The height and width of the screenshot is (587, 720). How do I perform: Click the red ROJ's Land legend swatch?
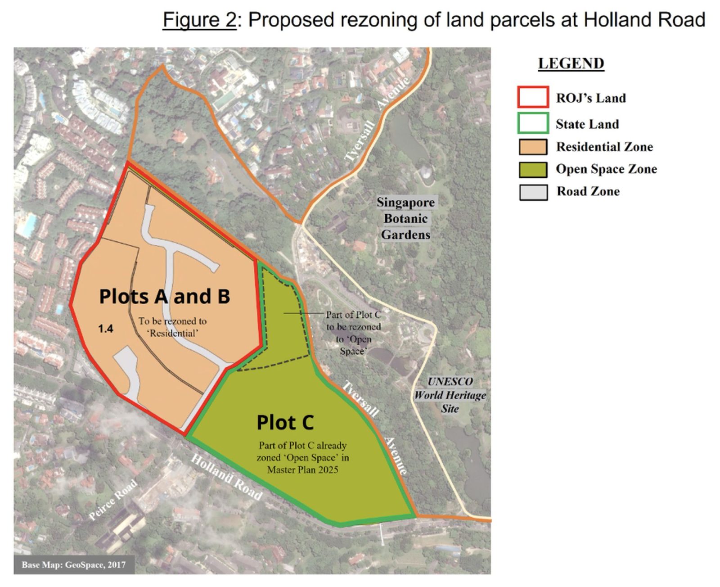click(533, 97)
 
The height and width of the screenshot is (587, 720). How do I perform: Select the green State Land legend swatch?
click(533, 123)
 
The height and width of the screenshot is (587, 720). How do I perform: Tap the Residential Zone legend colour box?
click(533, 147)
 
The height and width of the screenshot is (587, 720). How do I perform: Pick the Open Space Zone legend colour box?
click(533, 169)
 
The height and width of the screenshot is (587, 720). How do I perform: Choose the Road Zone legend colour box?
click(533, 192)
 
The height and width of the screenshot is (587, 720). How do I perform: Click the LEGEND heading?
click(571, 63)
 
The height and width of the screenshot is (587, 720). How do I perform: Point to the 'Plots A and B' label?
click(164, 296)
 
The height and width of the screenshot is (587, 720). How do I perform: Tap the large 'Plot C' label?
click(285, 422)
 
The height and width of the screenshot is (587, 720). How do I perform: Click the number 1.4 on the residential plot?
click(106, 329)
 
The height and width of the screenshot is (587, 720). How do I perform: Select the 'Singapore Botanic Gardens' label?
click(405, 218)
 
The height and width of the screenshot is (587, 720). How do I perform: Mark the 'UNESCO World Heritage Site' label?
click(450, 395)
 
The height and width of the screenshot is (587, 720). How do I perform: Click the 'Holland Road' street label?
click(226, 478)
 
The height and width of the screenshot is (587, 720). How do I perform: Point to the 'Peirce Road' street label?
click(112, 500)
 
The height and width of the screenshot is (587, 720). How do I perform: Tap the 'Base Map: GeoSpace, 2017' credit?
click(73, 564)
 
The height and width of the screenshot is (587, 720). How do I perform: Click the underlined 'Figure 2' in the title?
click(199, 20)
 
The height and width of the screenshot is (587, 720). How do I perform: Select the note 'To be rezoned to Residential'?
click(172, 327)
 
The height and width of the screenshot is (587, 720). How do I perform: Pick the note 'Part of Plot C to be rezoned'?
click(353, 332)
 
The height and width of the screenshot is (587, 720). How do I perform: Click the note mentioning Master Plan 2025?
click(302, 457)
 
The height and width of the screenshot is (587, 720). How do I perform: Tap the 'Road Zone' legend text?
click(588, 191)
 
